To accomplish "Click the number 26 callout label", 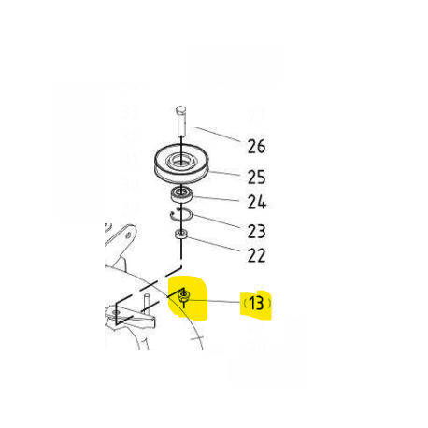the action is point(256,147).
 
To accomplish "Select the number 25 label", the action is point(256,177).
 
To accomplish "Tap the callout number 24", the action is point(257,202).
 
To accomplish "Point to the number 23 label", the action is point(256,232).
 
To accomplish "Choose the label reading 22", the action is point(256,255).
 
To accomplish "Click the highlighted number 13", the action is point(256,304).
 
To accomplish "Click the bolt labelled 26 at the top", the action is point(181,121).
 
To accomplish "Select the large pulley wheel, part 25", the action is point(181,164).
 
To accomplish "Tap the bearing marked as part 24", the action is point(181,194).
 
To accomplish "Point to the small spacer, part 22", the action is point(181,234).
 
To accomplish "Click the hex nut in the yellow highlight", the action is point(184,296).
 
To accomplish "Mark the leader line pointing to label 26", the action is point(218,135).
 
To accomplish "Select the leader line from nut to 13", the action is point(214,301).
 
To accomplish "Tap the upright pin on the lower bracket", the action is point(147,304).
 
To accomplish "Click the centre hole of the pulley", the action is point(180,160).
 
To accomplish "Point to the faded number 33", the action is point(130,111).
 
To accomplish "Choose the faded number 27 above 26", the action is point(257,116).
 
